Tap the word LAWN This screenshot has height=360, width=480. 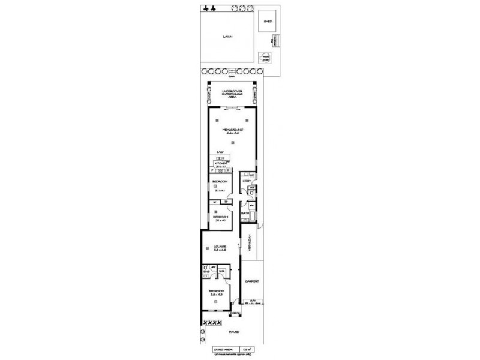point(227,37)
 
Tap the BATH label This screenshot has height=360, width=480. point(245,213)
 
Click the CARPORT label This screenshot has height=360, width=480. point(250,281)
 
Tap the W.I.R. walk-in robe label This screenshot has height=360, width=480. point(221,270)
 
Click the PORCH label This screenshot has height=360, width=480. point(235,313)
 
